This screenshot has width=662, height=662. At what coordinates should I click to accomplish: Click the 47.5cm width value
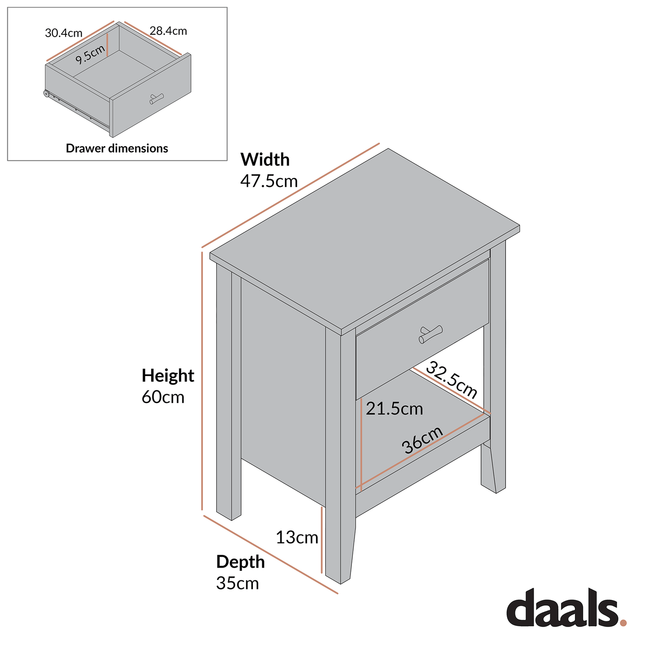coord(269,181)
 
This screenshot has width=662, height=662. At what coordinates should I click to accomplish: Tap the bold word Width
coord(265,160)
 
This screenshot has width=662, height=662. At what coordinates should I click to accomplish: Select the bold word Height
coord(168,376)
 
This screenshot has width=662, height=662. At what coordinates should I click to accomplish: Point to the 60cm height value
coord(163,397)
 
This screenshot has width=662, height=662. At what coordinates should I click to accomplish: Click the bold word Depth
coord(240,562)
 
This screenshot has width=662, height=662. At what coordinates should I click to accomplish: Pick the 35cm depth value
coord(237,583)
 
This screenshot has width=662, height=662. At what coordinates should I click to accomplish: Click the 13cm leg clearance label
coord(297,537)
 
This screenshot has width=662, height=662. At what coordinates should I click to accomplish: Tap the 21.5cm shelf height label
coord(394,409)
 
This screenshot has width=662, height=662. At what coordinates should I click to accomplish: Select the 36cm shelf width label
coord(422,440)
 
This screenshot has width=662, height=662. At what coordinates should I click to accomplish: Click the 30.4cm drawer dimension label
coord(64,33)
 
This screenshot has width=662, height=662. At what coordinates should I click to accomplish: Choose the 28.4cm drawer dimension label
coord(168,31)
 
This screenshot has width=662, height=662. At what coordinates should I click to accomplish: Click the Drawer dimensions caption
coord(117,148)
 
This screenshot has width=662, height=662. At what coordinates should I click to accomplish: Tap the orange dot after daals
coord(623,623)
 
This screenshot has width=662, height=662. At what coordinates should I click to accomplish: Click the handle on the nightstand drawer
coord(430,334)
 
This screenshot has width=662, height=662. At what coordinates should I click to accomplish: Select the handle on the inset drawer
coord(156,98)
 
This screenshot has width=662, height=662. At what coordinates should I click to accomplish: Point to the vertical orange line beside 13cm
coord(322,540)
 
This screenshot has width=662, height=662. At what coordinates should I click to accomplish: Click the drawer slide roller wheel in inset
coord(47,93)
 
